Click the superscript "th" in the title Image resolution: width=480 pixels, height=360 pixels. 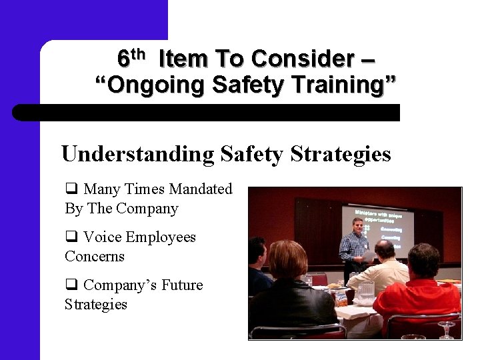coord(137,53)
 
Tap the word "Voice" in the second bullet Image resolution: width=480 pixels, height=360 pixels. coord(103,237)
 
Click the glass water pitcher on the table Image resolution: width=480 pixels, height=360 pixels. coord(366,291)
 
